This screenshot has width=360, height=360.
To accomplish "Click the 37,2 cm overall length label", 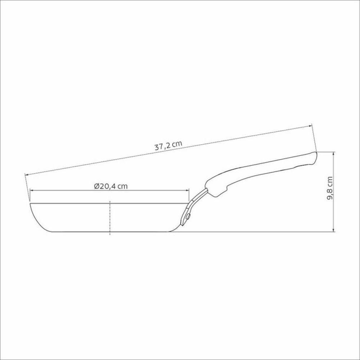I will coord(168,146).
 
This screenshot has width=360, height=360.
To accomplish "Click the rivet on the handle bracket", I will coord(188,217).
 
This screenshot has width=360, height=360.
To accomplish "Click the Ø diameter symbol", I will coord(96,186).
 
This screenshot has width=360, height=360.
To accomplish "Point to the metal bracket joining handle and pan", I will coord(193,205).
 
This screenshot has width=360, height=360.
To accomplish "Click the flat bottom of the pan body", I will coord(108,231).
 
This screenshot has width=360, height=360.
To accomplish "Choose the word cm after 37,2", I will coord(176,144).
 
